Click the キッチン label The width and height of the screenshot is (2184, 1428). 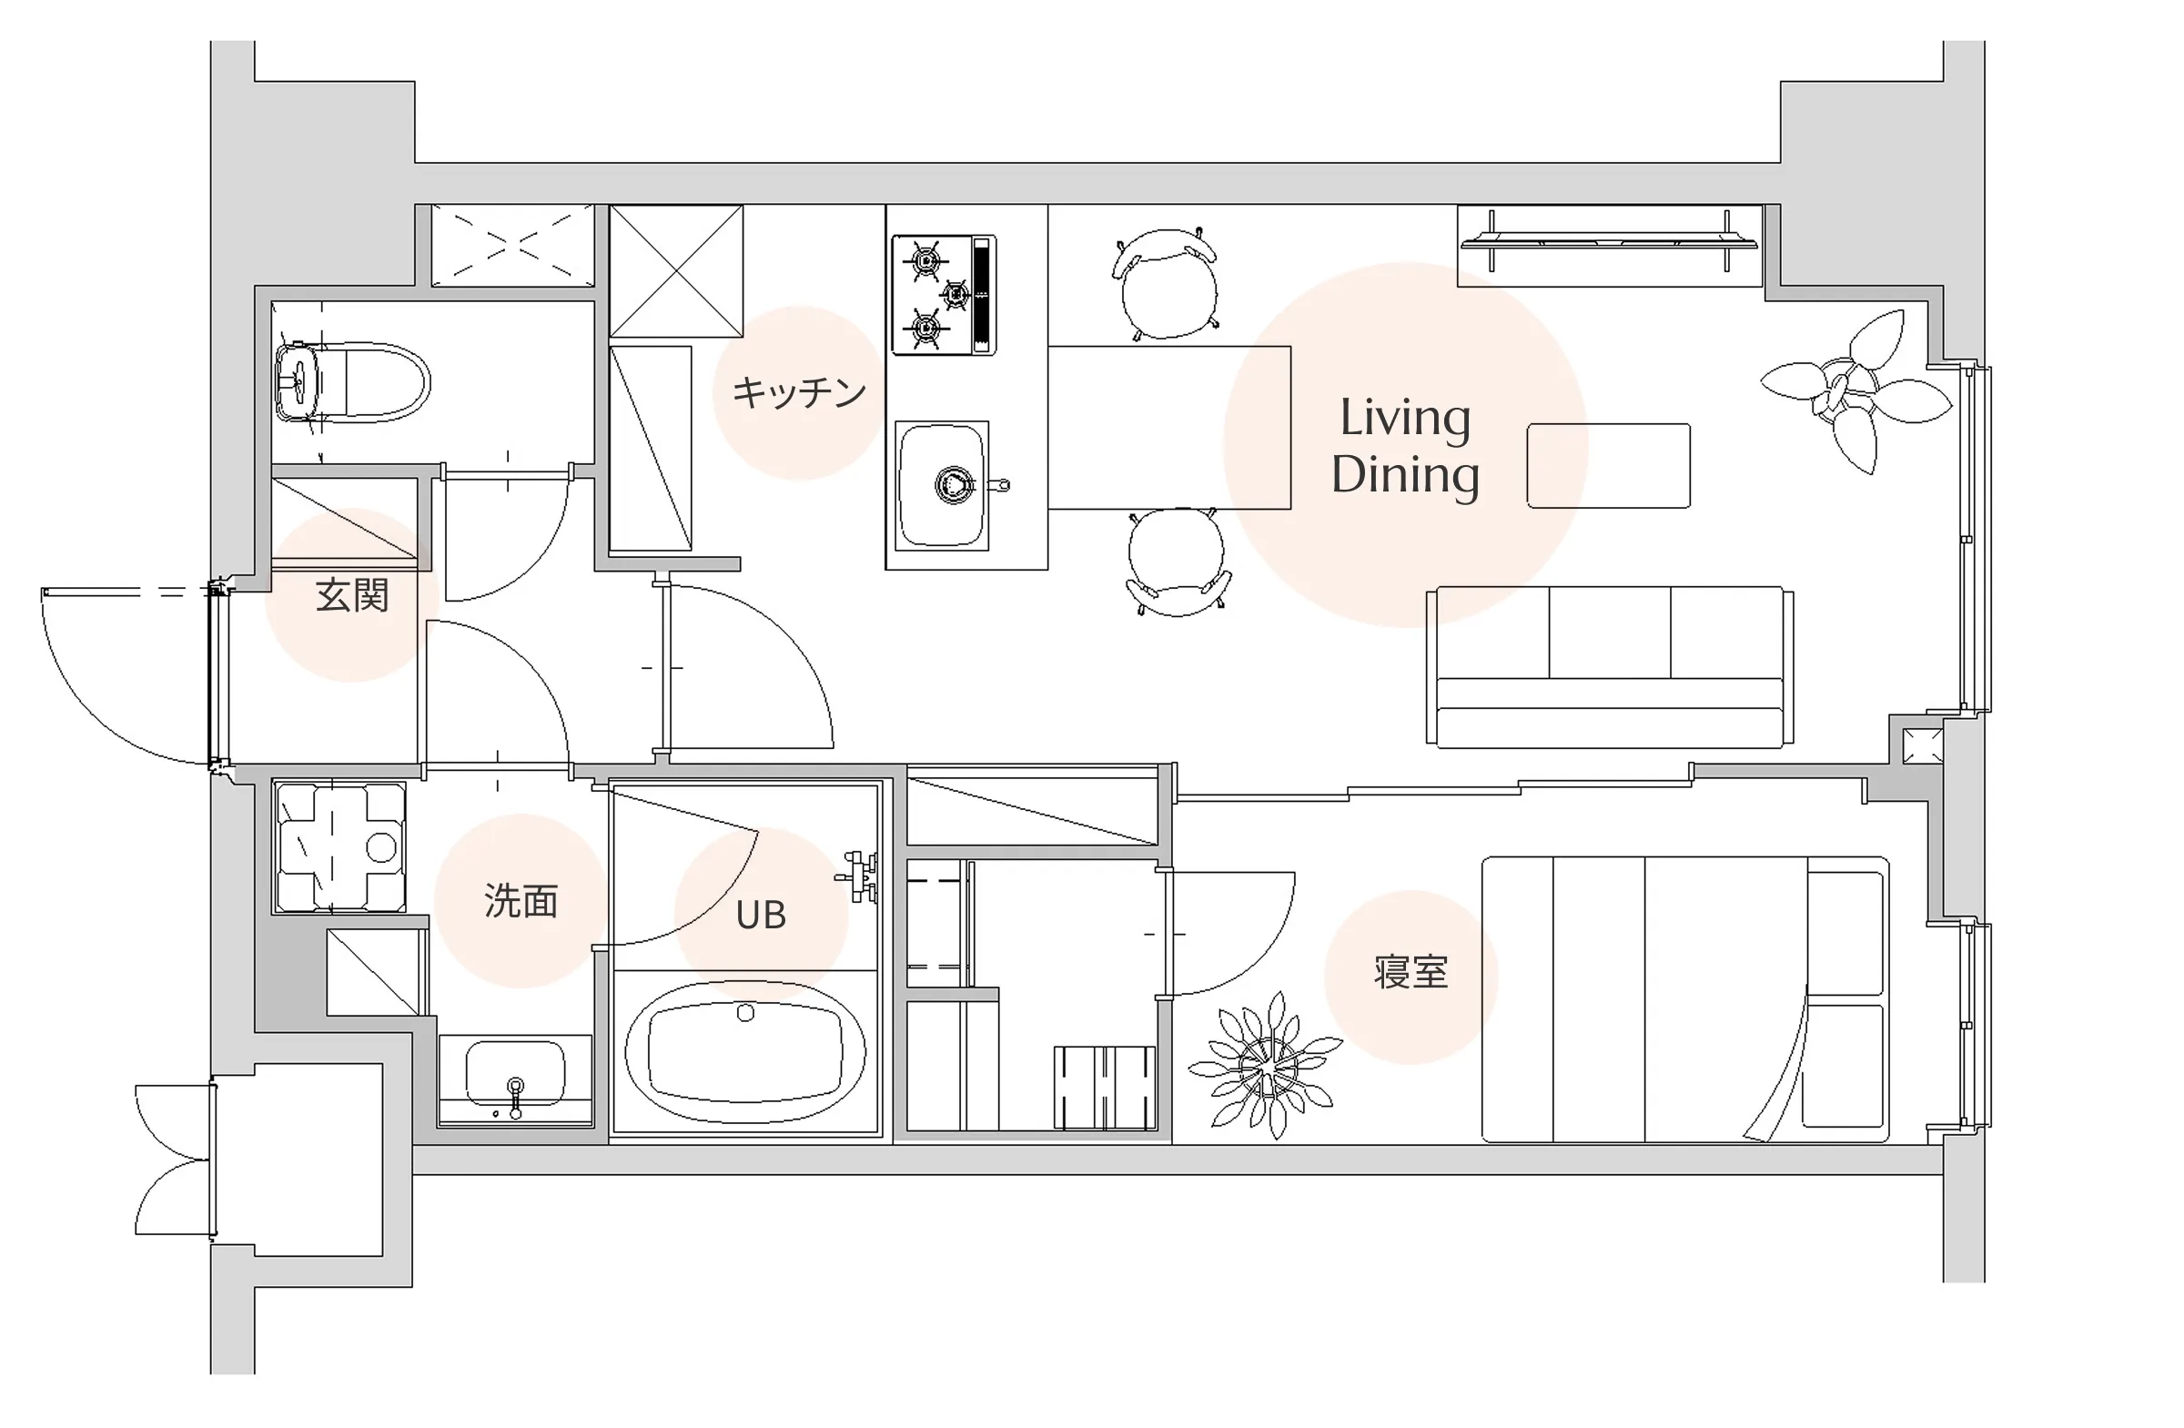[x=798, y=392]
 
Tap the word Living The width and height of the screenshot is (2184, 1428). [x=1405, y=420]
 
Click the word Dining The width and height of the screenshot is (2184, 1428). [x=1405, y=475]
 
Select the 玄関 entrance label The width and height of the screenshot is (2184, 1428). [x=352, y=595]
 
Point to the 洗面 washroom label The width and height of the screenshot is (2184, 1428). [x=521, y=901]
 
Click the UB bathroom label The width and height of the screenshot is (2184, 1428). [x=761, y=915]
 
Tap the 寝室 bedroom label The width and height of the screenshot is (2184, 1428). [x=1410, y=972]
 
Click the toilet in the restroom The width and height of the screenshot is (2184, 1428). [x=351, y=382]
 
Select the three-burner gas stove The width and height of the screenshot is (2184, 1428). [x=944, y=295]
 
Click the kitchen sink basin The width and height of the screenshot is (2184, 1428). [x=943, y=485]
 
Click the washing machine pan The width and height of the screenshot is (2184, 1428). [x=339, y=847]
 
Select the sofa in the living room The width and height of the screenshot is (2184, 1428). [x=1610, y=667]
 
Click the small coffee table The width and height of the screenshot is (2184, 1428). [x=1608, y=465]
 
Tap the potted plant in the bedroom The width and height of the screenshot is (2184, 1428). [x=1267, y=1066]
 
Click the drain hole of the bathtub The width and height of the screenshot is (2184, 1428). [x=745, y=1012]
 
